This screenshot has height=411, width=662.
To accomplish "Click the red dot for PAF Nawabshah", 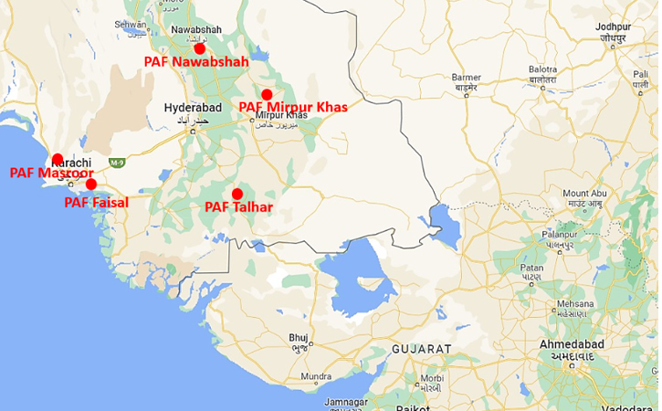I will coord(199,47).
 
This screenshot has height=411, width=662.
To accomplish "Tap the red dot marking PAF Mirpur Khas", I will coord(267,94).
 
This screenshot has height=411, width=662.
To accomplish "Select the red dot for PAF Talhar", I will coord(237,194).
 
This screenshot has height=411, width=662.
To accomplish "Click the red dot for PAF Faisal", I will coord(91,184).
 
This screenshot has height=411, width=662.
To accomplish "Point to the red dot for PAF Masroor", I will coord(58,159).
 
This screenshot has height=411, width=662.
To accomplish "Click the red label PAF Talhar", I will coord(238,207).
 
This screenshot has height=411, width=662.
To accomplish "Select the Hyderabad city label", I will coord(193,108).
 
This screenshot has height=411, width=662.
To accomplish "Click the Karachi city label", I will coord(72,163).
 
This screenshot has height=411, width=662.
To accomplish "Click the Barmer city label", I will coord(466,78).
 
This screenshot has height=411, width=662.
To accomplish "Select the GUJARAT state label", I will coord(421,349).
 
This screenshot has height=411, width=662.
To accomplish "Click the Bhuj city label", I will coord(299,337).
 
